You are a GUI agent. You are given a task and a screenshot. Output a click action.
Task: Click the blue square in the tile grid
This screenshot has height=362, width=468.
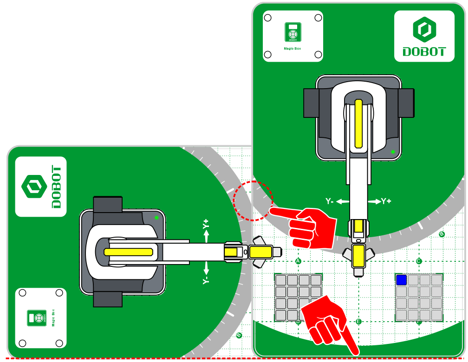click(401, 280)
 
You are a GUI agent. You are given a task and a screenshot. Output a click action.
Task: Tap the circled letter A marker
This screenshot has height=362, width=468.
click(298, 261)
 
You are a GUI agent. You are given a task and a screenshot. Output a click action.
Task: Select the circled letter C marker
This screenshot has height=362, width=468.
click(418, 261)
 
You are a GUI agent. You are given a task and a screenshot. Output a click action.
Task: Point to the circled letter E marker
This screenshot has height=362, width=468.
click(358, 322)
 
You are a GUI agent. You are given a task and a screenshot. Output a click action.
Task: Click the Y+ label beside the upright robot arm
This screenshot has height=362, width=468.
click(386, 201)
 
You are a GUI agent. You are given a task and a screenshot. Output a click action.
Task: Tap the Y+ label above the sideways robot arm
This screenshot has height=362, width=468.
click(206, 225)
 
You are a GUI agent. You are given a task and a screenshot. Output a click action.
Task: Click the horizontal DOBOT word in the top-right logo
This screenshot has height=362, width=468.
click(424, 52)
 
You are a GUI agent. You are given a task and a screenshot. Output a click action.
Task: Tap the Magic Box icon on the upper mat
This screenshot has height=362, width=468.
click(292, 33)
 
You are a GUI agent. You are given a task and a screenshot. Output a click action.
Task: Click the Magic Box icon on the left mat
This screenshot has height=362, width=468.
click(37, 318)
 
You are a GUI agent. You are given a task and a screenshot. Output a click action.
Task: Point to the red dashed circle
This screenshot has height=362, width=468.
click(253, 200)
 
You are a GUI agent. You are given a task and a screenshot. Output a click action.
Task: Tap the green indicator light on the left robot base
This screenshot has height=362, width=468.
click(156, 217)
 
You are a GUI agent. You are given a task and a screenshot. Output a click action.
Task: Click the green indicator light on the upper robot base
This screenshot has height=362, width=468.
click(393, 152)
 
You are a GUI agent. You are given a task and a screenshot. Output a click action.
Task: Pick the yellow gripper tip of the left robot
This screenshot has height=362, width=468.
click(260, 252)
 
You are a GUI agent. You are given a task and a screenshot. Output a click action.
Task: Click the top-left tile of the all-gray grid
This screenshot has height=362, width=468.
click(280, 280)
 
